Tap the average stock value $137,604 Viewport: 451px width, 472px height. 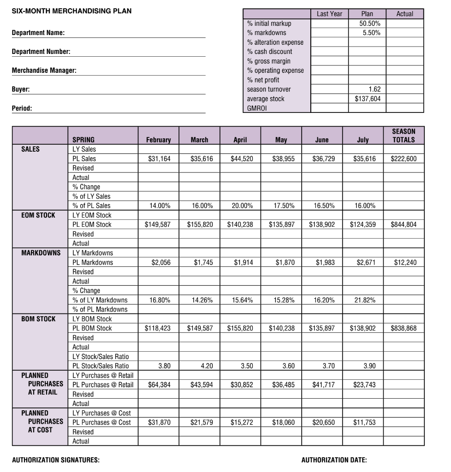[367, 99]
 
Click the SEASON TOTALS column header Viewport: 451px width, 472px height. [404, 136]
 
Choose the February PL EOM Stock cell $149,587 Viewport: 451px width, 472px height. [158, 224]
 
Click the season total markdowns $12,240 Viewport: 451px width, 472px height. [405, 262]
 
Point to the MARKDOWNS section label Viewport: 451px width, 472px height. [41, 253]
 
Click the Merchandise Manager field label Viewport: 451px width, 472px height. [44, 71]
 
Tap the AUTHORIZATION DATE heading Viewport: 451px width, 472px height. [334, 460]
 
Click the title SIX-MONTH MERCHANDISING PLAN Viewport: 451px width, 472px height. [71, 11]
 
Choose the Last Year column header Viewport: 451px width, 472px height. [329, 14]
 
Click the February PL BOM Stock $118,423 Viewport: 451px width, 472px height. [158, 328]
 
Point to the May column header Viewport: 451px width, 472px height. [281, 140]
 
